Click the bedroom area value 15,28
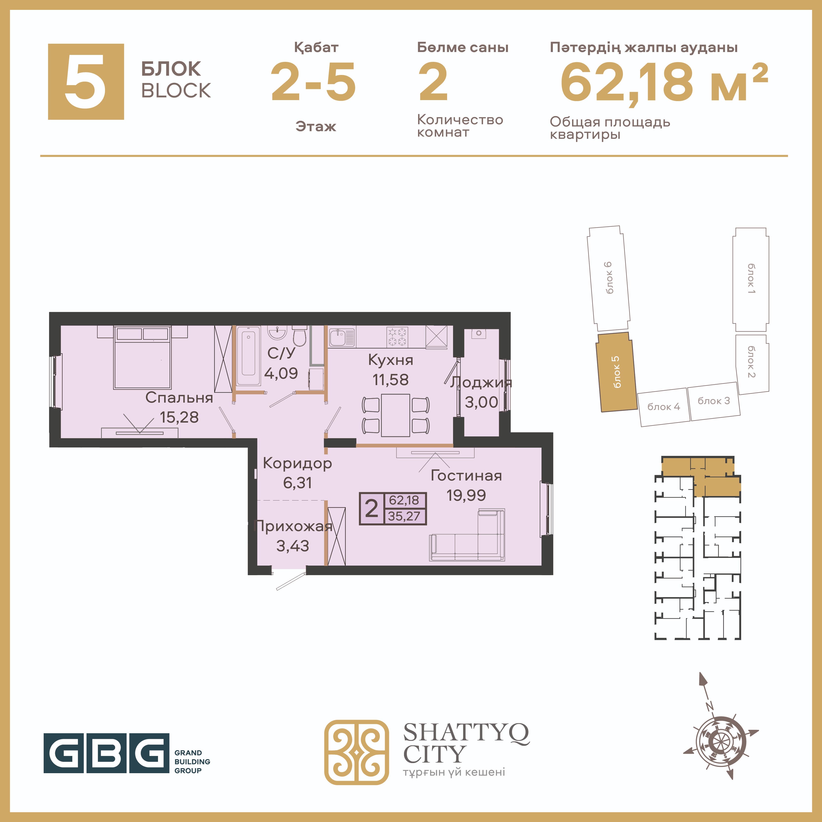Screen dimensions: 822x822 coord(179,417)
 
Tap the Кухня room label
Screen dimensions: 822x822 coord(391,360)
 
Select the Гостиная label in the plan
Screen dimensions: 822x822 coord(466,476)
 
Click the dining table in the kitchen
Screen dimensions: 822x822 coord(395,415)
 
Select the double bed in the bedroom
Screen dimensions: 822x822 coord(142,357)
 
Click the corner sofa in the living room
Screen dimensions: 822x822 coord(467,535)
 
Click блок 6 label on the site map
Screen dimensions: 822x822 coord(609,278)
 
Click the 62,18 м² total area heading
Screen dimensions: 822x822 coord(664,82)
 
